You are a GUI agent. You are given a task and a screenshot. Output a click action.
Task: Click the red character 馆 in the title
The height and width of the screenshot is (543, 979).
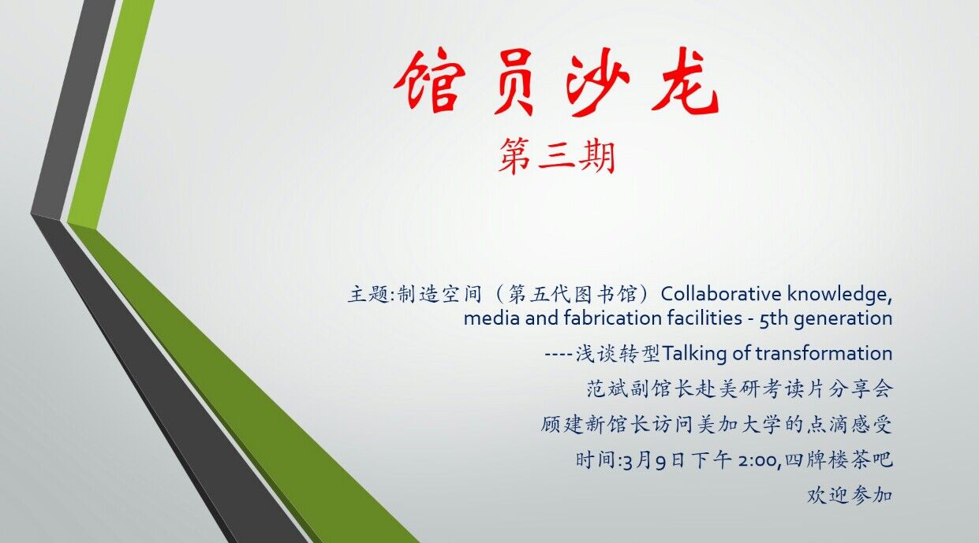429,80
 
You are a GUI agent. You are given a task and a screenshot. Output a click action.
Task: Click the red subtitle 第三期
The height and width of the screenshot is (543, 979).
557,156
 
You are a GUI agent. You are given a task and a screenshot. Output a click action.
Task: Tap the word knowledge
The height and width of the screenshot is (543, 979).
839,295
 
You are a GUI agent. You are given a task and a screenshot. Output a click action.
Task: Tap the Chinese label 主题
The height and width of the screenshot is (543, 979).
368,294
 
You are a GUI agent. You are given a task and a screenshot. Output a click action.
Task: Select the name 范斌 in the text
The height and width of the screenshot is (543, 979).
607,389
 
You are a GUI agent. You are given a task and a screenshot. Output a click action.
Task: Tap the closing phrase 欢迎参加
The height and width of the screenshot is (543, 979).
849,496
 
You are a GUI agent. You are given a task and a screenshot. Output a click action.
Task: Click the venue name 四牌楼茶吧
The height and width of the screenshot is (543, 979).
839,459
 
